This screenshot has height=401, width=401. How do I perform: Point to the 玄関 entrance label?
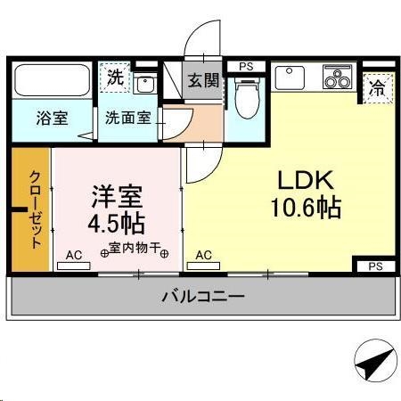202,80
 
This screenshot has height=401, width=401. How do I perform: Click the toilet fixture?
246,96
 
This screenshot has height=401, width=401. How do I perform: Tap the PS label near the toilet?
246,66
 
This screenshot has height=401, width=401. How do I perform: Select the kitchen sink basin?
291,78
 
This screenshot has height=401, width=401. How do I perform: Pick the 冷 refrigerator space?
378,87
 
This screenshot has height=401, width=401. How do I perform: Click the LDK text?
305,178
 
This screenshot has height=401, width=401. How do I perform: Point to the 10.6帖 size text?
306,208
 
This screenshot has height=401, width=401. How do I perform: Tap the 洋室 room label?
116,194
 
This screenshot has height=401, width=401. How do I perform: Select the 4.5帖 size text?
116,221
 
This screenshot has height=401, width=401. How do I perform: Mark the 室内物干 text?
135,250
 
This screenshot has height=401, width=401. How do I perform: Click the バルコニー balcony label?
202,296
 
